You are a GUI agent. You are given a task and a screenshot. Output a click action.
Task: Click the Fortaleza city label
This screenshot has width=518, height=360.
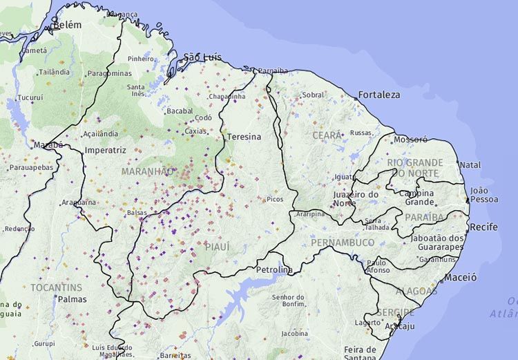378,95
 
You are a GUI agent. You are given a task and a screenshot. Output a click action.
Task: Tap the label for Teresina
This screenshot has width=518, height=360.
244,137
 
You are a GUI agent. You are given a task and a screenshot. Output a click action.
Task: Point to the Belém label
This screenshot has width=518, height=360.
66,25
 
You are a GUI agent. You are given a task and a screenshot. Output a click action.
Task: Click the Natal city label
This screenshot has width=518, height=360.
470,165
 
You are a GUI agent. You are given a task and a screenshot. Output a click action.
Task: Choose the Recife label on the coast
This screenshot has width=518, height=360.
483,227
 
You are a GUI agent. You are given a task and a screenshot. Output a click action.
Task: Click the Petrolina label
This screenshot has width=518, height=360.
274,269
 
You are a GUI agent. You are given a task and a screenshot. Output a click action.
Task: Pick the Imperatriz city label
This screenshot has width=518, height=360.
105,150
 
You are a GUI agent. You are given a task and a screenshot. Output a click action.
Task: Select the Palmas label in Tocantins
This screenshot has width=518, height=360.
73,299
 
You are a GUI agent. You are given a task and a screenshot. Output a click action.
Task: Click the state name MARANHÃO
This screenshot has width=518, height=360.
148,171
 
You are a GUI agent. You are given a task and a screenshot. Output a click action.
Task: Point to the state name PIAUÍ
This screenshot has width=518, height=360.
217,246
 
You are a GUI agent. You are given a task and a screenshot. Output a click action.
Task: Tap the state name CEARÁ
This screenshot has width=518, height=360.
327,135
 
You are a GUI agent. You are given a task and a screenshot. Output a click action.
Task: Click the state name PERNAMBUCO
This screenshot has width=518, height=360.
343,243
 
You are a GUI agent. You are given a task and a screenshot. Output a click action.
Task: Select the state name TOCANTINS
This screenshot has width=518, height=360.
56,287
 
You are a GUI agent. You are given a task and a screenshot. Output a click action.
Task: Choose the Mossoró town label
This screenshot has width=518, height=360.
410,139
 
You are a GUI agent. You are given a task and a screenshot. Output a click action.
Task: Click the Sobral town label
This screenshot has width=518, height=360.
313,95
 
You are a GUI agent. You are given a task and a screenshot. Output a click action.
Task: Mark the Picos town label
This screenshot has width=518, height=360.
275,199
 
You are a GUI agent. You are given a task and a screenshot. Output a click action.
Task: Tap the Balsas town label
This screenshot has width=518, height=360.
137,213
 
